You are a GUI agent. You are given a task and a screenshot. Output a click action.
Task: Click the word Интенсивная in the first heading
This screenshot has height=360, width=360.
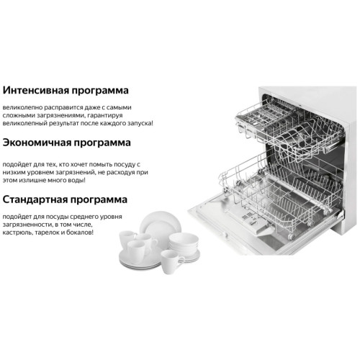[35, 90]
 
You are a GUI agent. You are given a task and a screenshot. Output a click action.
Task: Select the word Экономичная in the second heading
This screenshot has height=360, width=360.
[37, 143]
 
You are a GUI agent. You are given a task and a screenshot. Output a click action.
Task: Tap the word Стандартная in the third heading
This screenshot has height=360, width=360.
[35, 199]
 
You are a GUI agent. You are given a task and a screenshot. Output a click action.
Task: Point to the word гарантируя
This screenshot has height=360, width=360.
[105, 116]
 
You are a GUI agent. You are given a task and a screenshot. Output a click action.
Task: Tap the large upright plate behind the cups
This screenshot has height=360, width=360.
[161, 224]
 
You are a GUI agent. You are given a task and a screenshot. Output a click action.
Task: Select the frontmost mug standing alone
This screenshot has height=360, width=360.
[171, 262]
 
